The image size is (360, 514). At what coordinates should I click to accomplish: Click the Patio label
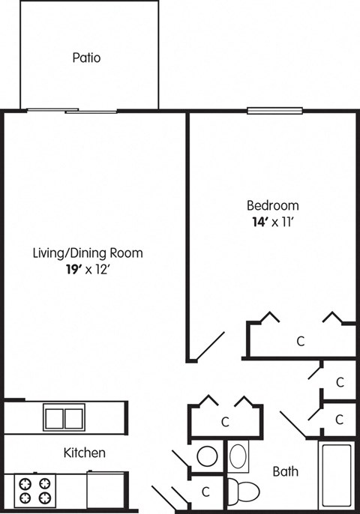pyautogui.click(x=87, y=57)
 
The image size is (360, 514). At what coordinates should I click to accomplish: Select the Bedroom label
pyautogui.click(x=273, y=205)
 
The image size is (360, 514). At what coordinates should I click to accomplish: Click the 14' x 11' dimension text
pyautogui.click(x=273, y=222)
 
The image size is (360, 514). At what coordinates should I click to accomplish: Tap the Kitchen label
pyautogui.click(x=84, y=453)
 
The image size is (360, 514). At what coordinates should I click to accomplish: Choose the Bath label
pyautogui.click(x=285, y=471)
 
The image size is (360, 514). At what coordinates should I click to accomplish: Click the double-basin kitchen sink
pyautogui.click(x=63, y=417)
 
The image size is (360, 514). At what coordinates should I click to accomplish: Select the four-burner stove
pyautogui.click(x=34, y=490)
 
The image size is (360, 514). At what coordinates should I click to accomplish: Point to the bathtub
pyautogui.click(x=337, y=475)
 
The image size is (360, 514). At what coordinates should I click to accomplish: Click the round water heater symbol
pyautogui.click(x=206, y=456)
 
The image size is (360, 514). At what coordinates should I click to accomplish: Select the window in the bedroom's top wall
pyautogui.click(x=274, y=112)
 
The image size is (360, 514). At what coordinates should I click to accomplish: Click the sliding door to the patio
pyautogui.click(x=73, y=112)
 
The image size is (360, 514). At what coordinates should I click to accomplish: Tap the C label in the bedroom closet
pyautogui.click(x=300, y=342)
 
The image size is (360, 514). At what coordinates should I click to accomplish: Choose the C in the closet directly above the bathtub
pyautogui.click(x=340, y=418)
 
